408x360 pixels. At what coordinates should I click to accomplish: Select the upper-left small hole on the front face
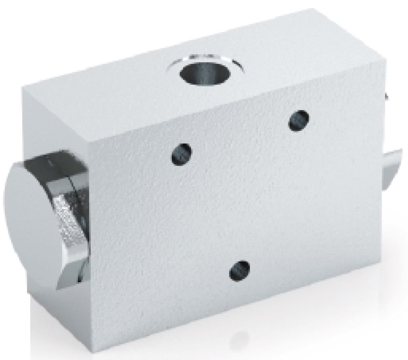[x=181, y=154]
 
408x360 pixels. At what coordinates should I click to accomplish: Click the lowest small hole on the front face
[x=239, y=271]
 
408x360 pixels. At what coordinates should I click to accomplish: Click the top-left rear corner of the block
[x=24, y=86]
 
